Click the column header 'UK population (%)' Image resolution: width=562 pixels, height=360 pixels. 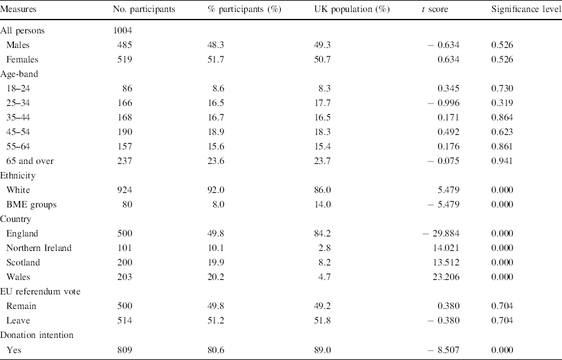pos(351,11)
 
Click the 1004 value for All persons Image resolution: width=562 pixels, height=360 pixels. pos(120,30)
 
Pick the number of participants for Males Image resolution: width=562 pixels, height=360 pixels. pos(124,44)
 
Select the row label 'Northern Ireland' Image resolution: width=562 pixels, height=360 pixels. pos(38,248)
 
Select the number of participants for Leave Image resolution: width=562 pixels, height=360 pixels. pos(124,320)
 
